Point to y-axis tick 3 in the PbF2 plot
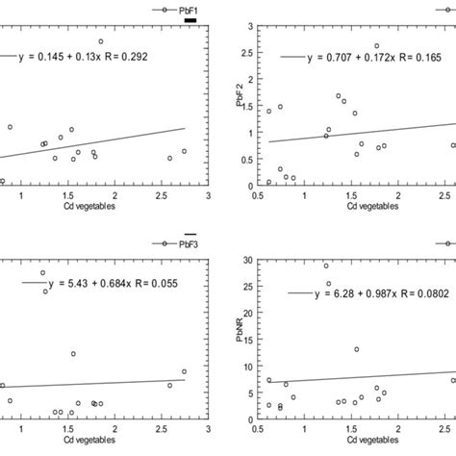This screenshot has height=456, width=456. (250, 28)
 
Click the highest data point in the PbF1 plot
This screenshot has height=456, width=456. (100, 41)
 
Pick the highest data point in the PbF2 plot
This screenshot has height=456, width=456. (377, 45)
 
